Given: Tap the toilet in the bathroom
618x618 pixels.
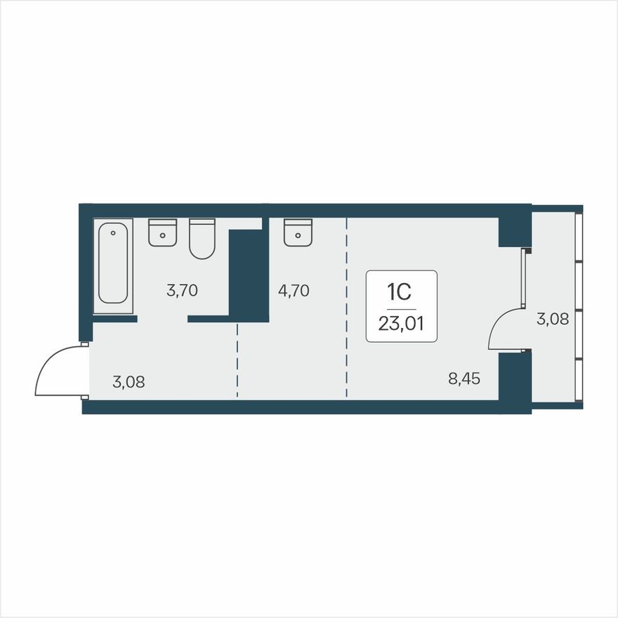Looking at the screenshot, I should [x=202, y=239].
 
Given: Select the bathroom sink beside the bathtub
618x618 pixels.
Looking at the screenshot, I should [x=162, y=232].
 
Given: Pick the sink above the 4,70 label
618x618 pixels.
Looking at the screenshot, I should [x=298, y=232].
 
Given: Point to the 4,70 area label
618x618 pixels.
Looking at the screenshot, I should [x=294, y=290].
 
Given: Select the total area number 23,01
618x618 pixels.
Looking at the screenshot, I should [x=401, y=324].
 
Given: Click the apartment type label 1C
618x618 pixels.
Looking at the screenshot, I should [x=400, y=291].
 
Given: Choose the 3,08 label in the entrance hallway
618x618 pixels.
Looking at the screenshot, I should [x=129, y=383].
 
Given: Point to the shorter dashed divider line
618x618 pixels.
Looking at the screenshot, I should [x=237, y=360].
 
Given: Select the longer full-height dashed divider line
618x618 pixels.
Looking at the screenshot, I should [x=346, y=309].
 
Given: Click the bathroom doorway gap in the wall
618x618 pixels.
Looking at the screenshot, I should [x=162, y=319].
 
